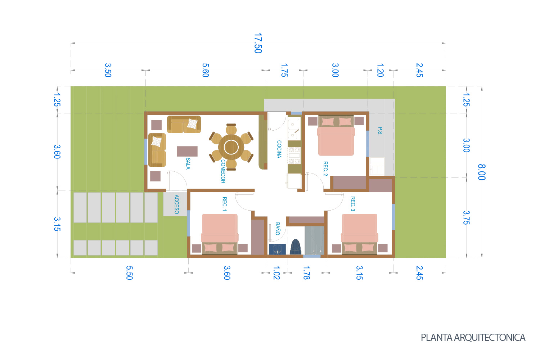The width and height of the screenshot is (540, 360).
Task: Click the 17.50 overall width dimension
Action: point(258,43)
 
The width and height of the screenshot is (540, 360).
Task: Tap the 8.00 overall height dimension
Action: point(482,172)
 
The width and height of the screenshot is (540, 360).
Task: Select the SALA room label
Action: point(188,163)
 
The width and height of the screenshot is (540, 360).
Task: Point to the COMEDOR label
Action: point(223,171)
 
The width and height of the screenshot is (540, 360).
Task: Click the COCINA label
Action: point(279,149)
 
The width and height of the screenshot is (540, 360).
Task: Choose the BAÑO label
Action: point(278,229)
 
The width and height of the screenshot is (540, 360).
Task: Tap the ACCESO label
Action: point(176,204)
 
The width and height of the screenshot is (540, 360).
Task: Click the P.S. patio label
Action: point(380,131)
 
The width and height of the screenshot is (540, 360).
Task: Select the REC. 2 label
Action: point(325,168)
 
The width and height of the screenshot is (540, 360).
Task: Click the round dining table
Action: point(231,147)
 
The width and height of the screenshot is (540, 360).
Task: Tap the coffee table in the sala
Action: point(187,151)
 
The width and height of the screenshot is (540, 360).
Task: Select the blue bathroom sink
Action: point(277,249)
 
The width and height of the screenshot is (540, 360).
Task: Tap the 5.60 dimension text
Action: point(205,70)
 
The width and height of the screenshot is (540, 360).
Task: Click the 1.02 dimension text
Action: point(276,273)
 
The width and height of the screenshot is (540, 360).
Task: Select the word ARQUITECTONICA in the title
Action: point(490,338)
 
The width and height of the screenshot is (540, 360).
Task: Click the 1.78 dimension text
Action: point(306,273)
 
